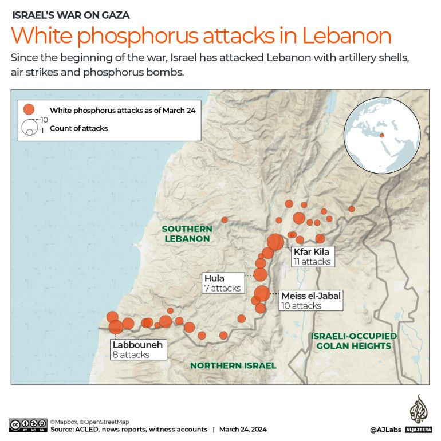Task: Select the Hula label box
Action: (x=223, y=283)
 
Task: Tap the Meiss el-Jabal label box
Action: (x=310, y=301)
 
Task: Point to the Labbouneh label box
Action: (x=138, y=349)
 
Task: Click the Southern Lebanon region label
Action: (x=187, y=234)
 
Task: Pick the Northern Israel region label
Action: (x=233, y=365)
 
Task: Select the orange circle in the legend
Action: (x=28, y=109)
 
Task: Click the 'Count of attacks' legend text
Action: (x=78, y=128)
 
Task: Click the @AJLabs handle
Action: (x=385, y=430)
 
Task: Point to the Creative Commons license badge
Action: (x=27, y=425)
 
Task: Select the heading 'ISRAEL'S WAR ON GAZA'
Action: (x=70, y=15)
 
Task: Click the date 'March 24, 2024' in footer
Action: (x=243, y=430)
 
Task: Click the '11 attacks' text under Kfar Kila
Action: (x=312, y=262)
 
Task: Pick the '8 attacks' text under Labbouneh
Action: (x=131, y=355)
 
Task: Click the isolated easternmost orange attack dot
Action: (x=352, y=209)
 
